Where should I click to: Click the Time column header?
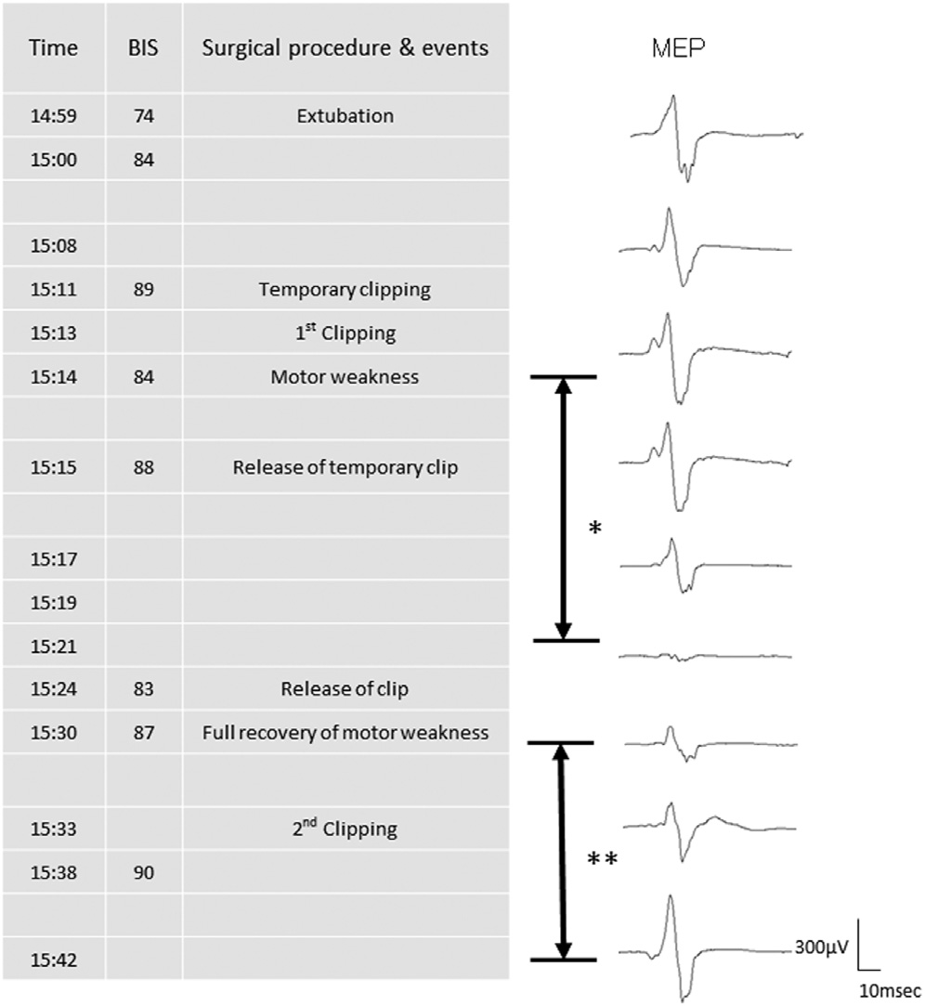(53, 48)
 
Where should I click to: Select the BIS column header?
(143, 48)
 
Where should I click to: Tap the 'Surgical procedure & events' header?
(345, 48)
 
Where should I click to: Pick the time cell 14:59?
(53, 116)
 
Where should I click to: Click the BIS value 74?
(143, 116)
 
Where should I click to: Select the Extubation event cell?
(345, 116)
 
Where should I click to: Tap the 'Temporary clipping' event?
(345, 290)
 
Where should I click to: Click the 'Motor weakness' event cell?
(345, 377)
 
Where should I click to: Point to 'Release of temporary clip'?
(345, 467)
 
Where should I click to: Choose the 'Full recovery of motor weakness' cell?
(345, 733)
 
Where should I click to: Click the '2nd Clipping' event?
(345, 829)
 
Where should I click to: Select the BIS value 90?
(143, 872)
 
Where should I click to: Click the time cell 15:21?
(53, 646)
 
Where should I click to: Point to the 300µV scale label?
(821, 948)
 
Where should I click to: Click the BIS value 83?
(143, 689)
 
